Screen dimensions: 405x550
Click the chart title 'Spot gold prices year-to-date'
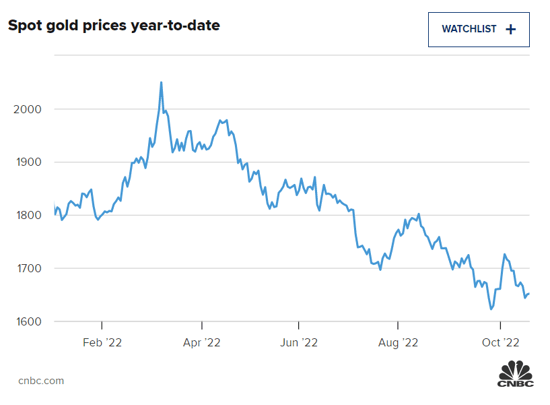pyautogui.click(x=114, y=26)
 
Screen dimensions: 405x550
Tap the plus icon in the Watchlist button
pyautogui.click(x=510, y=29)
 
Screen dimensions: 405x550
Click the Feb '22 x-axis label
pyautogui.click(x=102, y=342)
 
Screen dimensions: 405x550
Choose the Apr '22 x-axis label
pyautogui.click(x=202, y=342)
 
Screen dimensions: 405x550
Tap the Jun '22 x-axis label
pyautogui.click(x=299, y=342)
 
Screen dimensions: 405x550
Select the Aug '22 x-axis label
pyautogui.click(x=398, y=342)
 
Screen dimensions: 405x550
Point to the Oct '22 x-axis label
pyautogui.click(x=501, y=342)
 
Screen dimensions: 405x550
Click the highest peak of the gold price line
pyautogui.click(x=161, y=83)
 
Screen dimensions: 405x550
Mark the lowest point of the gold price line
pyautogui.click(x=491, y=309)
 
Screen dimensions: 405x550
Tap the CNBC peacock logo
pyautogui.click(x=516, y=374)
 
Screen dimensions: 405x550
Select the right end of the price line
pyautogui.click(x=529, y=293)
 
